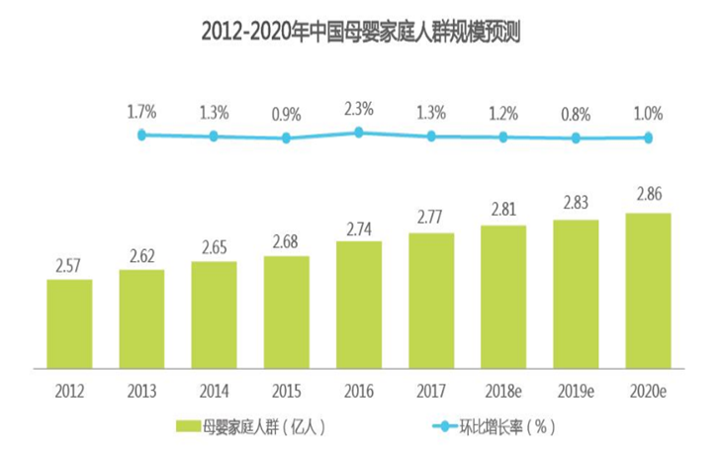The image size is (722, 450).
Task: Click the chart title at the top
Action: [x=361, y=34]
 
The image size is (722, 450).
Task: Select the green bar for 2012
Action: [x=69, y=323]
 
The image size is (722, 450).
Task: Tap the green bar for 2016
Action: [x=359, y=304]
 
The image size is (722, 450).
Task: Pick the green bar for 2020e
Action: [x=649, y=290]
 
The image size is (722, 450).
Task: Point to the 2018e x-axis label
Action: [x=503, y=389]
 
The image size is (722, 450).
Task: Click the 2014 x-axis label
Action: [x=214, y=389]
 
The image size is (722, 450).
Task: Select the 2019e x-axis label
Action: [x=576, y=389]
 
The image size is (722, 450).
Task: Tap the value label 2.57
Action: [x=69, y=265]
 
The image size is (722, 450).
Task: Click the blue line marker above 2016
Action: [x=359, y=132]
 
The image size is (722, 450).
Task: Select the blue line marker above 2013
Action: [x=141, y=135]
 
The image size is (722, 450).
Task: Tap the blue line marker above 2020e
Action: [x=649, y=138]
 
